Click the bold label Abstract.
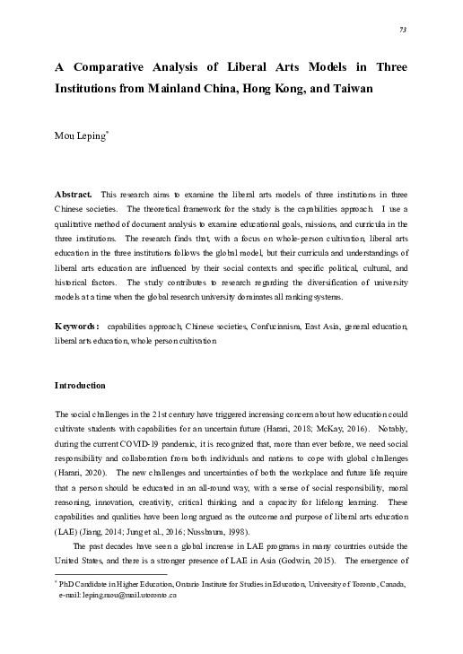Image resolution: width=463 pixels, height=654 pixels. (74, 195)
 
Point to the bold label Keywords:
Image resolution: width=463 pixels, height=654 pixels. (78, 327)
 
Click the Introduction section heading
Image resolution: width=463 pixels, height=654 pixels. (80, 386)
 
